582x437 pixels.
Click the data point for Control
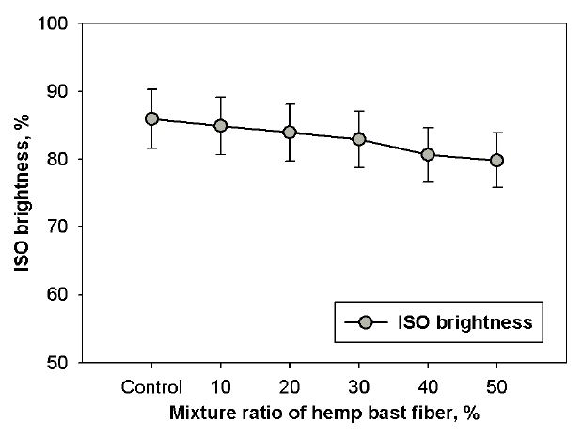(151, 118)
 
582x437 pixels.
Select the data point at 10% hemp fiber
(220, 125)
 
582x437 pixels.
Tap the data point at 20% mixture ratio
(290, 132)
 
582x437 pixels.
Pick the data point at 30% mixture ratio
(358, 139)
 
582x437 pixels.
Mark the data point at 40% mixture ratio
(428, 154)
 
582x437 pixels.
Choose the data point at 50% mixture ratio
(496, 160)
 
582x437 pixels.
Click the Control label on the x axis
(151, 385)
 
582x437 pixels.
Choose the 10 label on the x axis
(220, 385)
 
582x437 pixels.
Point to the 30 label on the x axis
(358, 385)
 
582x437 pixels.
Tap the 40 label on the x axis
(428, 385)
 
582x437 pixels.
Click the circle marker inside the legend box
(368, 322)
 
